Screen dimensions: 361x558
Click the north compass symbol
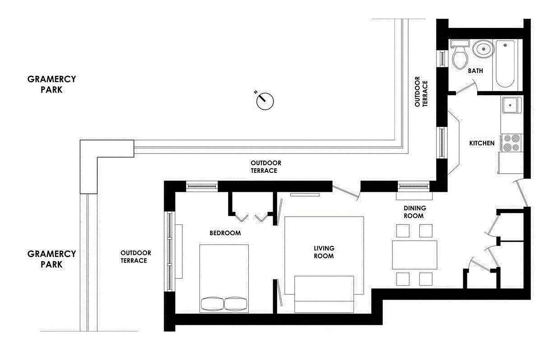[x=265, y=101]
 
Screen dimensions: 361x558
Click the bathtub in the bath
[x=505, y=64]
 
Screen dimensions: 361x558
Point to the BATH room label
[x=475, y=71]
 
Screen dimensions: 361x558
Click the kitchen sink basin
[x=511, y=105]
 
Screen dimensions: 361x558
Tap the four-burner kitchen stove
[x=511, y=142]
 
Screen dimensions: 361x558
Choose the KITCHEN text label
[x=482, y=143]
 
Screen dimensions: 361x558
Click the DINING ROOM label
[x=414, y=212]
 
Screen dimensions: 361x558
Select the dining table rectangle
[x=414, y=255]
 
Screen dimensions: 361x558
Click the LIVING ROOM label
[x=324, y=252]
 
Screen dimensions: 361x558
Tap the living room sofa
[x=324, y=293]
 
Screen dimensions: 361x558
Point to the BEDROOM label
[x=225, y=233]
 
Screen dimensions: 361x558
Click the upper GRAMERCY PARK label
[x=51, y=84]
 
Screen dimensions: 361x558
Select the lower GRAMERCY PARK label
[x=51, y=259]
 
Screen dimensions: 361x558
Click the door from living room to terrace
[x=345, y=191]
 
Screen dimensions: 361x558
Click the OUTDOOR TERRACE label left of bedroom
[x=135, y=257]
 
